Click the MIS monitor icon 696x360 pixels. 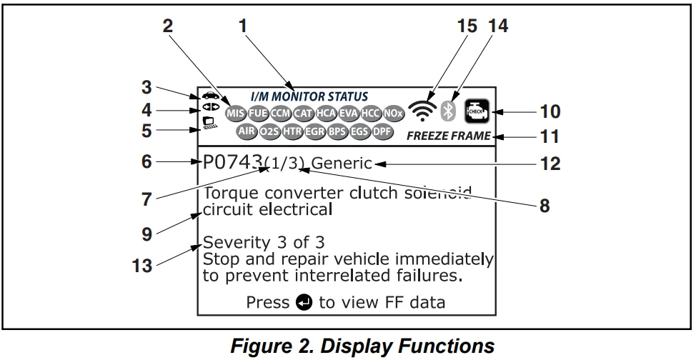(234, 113)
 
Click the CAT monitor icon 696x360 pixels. (302, 113)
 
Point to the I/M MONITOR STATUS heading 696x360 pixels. (309, 96)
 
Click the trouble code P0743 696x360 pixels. (233, 163)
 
